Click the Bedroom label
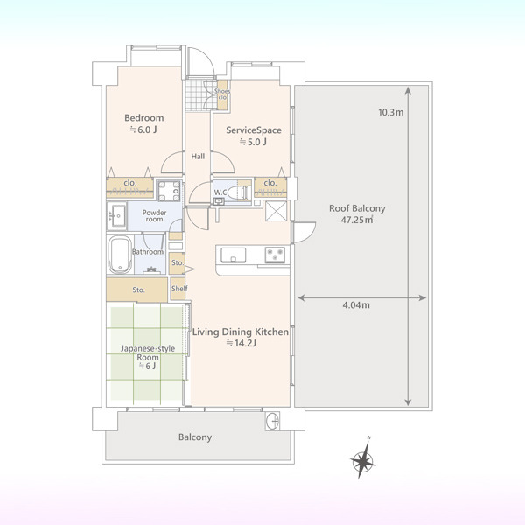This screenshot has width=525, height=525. [144, 118]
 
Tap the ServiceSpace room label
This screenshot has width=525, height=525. [254, 129]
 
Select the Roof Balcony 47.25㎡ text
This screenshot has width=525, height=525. [357, 214]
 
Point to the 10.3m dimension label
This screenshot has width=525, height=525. [391, 112]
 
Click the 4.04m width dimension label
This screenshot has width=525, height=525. [356, 305]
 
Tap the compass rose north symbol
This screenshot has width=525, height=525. [362, 458]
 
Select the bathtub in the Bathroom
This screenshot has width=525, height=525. [120, 255]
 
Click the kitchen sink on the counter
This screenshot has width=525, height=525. [233, 255]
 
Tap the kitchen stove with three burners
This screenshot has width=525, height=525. [275, 255]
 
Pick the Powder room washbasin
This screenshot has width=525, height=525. [117, 216]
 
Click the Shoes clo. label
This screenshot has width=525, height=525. [222, 94]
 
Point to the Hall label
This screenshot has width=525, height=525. [198, 157]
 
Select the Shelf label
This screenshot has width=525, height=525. [179, 288]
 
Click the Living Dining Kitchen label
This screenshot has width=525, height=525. [241, 332]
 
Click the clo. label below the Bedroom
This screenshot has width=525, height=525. [129, 183]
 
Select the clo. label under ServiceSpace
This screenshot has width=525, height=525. [270, 183]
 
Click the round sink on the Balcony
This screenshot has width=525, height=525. [272, 421]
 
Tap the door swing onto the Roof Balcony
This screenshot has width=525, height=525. [304, 232]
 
